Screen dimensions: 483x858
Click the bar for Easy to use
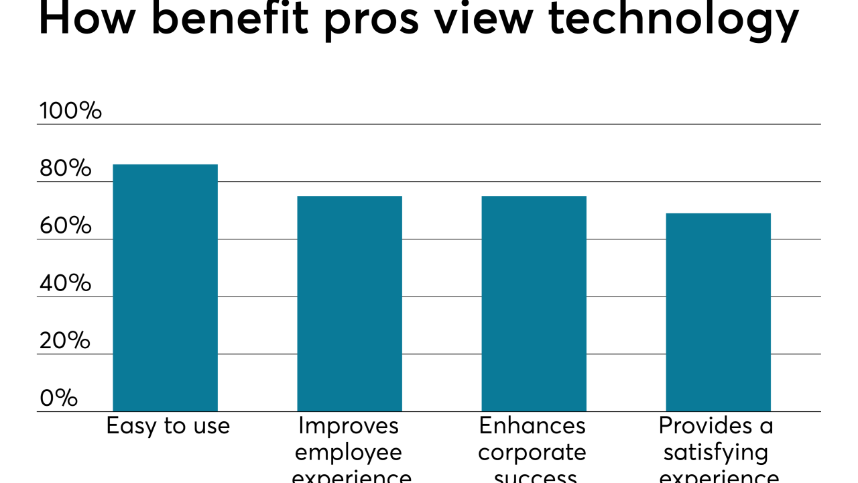(165, 288)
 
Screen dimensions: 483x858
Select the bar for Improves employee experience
(349, 303)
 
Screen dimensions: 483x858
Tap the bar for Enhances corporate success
(534, 303)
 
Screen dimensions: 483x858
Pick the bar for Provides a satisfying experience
(718, 312)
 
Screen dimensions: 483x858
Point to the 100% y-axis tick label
(70, 111)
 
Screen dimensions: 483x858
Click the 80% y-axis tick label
(65, 168)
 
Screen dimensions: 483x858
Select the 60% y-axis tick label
(65, 226)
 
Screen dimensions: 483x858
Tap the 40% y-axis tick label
(65, 283)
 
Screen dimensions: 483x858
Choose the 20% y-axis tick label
(65, 341)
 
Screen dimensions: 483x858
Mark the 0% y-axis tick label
(58, 398)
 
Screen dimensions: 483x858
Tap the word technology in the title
(674, 20)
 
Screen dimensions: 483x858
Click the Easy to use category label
(168, 426)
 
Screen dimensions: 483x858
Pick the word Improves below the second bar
(349, 425)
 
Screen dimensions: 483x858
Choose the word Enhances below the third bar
(532, 425)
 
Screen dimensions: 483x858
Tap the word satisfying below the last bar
(716, 453)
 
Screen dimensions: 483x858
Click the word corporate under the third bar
(532, 453)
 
